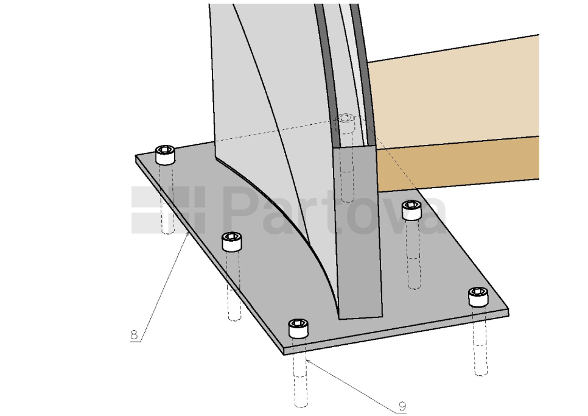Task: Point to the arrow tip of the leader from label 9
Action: tap(306, 359)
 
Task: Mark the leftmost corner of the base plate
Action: tap(136, 156)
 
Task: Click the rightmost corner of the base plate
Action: tap(508, 311)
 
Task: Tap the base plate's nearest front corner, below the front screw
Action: tap(284, 353)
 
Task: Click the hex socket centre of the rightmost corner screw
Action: tap(478, 292)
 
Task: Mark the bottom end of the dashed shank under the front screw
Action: tap(301, 405)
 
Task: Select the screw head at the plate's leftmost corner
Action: tap(165, 155)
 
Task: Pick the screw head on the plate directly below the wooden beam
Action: tap(411, 210)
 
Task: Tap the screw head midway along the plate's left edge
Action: tap(232, 241)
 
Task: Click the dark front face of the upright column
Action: tap(359, 233)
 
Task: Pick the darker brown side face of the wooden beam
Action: tap(458, 164)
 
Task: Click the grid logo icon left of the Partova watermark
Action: tap(169, 210)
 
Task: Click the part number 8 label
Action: tap(135, 334)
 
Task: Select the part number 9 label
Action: tap(402, 406)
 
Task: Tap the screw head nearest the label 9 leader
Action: tap(298, 328)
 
